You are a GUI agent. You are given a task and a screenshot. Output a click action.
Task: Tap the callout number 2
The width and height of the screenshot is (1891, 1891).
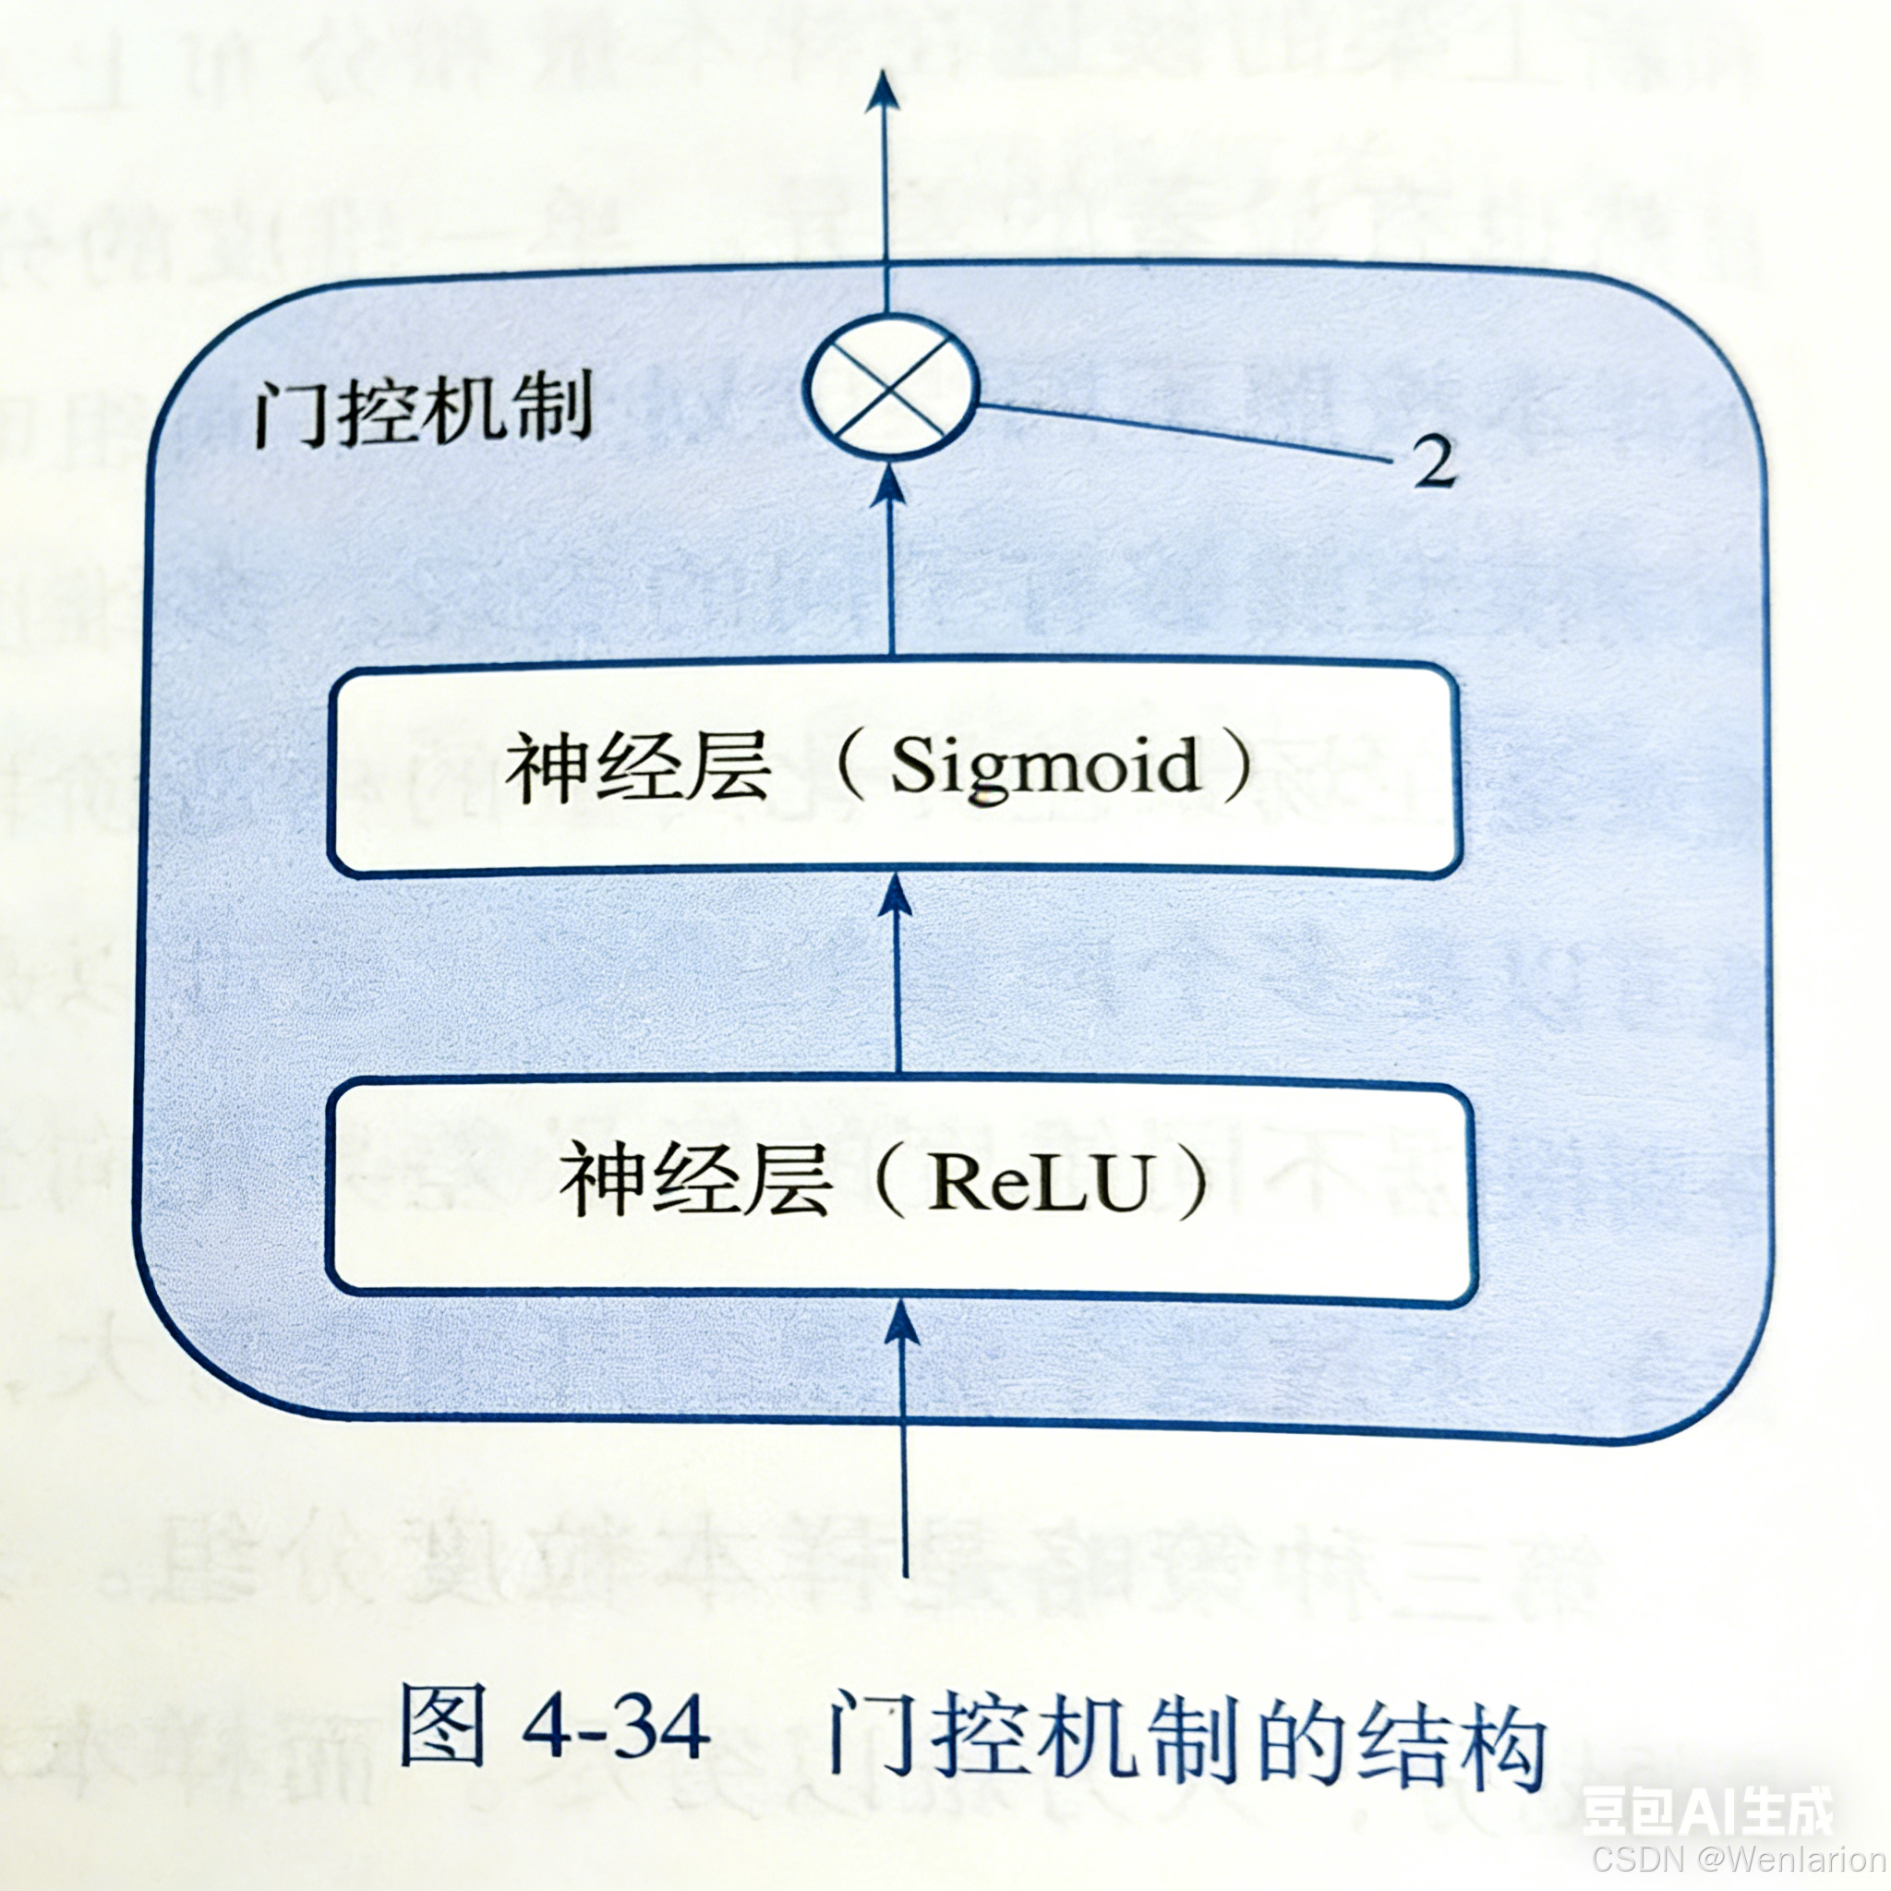1434,461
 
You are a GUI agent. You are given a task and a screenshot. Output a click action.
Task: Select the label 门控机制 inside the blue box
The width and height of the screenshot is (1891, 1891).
423,409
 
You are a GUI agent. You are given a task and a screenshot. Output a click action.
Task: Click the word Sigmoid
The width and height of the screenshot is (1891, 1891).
1043,766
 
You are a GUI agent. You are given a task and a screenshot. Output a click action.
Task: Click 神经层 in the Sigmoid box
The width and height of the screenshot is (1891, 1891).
638,768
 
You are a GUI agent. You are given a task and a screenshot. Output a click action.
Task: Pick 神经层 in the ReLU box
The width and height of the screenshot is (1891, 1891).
694,1183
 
